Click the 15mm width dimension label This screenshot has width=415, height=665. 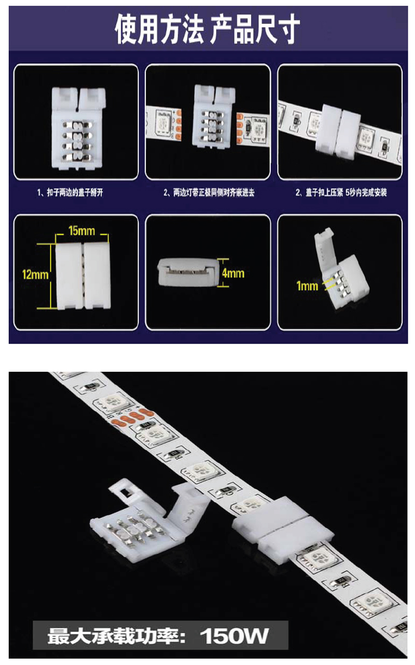81,230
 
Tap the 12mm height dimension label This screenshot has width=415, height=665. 35,274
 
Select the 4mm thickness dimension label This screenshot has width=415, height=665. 233,274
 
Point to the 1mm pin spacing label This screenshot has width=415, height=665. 307,286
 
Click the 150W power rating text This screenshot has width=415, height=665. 234,635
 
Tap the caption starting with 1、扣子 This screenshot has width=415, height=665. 70,193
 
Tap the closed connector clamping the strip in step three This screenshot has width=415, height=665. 338,131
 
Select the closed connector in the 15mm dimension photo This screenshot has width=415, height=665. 83,276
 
